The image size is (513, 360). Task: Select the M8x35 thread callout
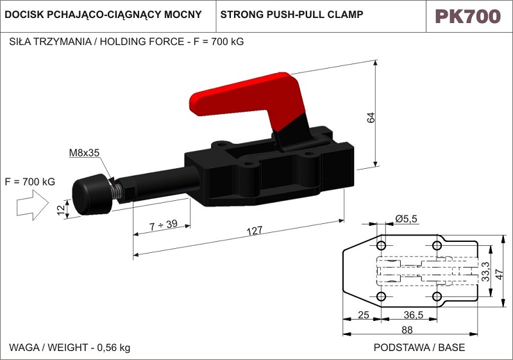tap(84, 153)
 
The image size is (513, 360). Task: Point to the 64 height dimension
tap(371, 117)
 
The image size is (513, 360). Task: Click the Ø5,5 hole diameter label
tap(406, 219)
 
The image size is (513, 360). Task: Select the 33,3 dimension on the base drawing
tap(486, 271)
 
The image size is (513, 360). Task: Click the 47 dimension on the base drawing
tap(500, 271)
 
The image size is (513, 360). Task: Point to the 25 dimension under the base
tap(364, 314)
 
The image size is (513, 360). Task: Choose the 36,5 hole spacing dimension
tap(414, 314)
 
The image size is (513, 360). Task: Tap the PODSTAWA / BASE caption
tap(419, 348)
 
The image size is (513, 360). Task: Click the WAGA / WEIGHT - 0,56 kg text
tap(69, 348)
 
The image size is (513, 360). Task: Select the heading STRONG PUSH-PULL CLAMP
tap(292, 14)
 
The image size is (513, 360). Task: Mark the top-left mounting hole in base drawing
tap(382, 246)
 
